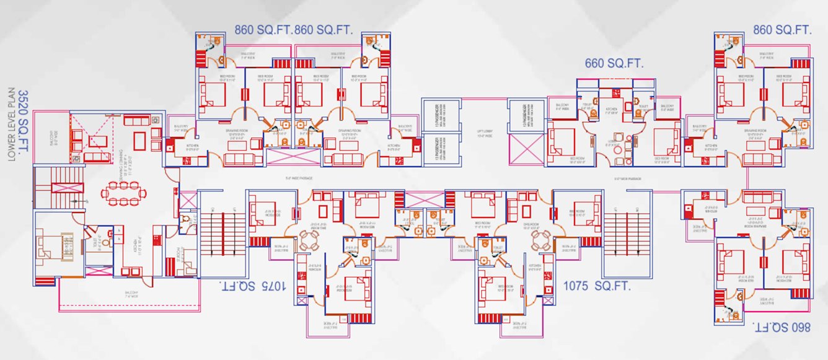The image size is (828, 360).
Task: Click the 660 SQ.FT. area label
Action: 614,63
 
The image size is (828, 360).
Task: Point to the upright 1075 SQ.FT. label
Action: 596,286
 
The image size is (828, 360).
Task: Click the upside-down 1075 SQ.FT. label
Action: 253,286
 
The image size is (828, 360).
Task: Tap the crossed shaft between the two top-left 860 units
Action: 292,156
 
